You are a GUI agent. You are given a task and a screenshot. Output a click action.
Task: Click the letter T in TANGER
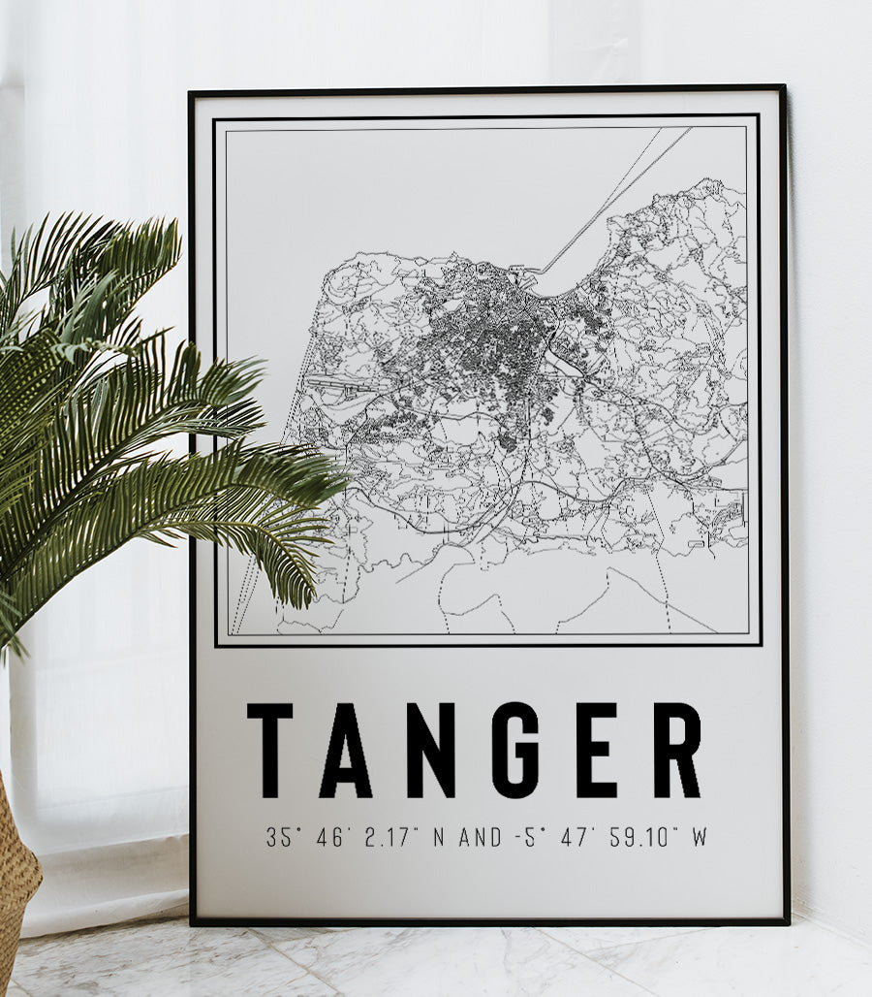coord(269,750)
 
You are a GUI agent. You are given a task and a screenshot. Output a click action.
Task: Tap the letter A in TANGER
coord(346,750)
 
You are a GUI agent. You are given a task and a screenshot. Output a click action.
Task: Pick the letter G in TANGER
coord(514,750)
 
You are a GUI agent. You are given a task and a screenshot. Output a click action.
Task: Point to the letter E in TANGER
coord(595,750)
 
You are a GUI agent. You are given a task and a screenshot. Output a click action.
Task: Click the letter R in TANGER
coord(676,750)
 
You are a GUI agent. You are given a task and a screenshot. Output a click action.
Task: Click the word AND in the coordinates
coord(481,837)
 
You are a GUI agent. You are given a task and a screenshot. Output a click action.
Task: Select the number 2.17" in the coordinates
coord(390,837)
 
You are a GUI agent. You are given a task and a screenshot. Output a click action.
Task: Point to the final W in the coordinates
coord(699,837)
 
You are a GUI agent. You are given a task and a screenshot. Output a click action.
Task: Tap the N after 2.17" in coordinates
coord(438,837)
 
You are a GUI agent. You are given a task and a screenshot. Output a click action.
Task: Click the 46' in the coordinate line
coord(334,837)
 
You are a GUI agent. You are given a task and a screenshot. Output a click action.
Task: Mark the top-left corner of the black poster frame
coord(191,93)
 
